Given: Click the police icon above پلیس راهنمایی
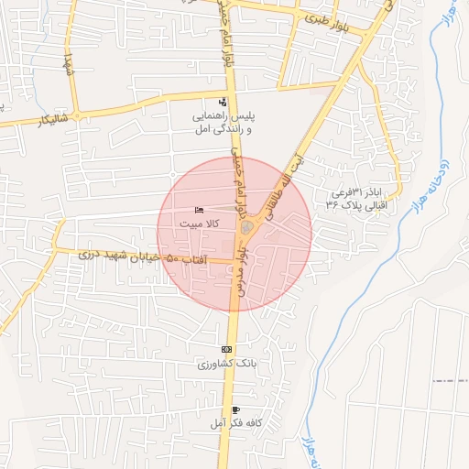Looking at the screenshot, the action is pos(223,102).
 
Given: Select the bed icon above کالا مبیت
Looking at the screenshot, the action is pos(201,210).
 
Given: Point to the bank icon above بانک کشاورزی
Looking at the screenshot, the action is pos(227,350).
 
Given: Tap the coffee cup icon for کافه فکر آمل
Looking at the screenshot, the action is pos(237,409).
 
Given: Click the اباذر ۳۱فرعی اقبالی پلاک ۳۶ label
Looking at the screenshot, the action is pos(359,199).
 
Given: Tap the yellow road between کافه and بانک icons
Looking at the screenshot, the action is pos(232,385).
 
